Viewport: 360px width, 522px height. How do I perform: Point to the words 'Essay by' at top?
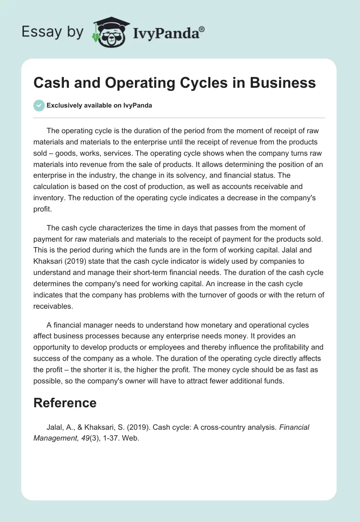point(53,32)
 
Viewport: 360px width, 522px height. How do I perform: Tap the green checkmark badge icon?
point(39,106)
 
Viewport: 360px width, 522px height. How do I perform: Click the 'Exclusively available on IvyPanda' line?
point(99,106)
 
